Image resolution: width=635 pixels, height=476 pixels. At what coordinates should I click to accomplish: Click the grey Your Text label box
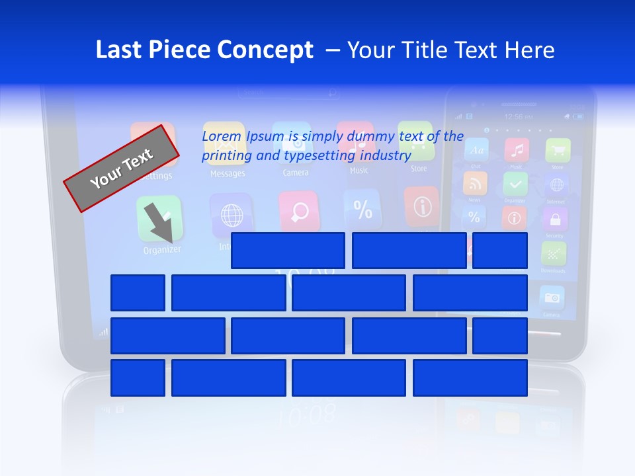coord(121,168)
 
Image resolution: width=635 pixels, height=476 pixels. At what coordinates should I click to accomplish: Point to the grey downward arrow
coord(159,223)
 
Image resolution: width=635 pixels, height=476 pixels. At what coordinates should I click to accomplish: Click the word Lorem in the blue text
coord(222,136)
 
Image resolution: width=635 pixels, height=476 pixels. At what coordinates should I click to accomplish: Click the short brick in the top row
coord(499,251)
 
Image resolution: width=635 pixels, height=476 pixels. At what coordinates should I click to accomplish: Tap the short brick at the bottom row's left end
coord(138,377)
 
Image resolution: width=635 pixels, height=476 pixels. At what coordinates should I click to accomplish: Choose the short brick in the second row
coord(138,293)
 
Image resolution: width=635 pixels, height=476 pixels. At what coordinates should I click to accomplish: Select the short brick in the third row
coord(499,335)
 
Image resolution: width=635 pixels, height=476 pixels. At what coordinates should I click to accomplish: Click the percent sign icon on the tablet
coord(362,209)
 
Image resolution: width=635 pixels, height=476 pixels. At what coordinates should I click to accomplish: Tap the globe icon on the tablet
coord(231,215)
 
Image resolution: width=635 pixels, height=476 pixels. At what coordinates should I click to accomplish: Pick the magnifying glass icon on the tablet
coord(299,211)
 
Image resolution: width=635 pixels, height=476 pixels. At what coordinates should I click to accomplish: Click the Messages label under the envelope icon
coord(228,174)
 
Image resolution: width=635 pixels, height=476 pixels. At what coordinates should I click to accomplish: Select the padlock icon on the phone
coord(554,218)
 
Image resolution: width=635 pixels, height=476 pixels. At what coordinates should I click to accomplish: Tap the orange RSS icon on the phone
coord(475,183)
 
